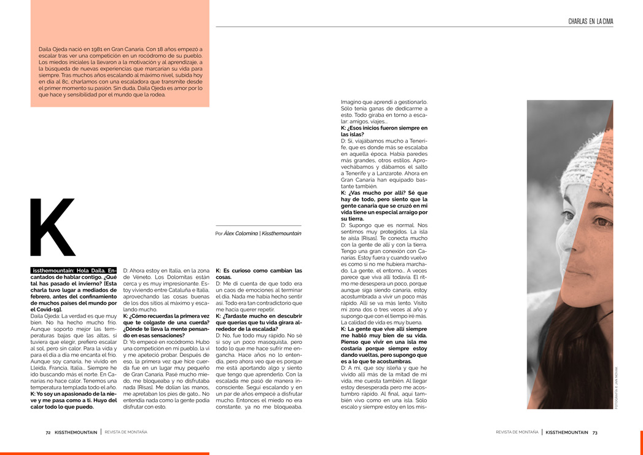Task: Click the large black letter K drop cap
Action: pyautogui.click(x=53, y=227)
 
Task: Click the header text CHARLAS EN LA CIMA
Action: pyautogui.click(x=590, y=22)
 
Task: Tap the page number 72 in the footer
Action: pyautogui.click(x=48, y=432)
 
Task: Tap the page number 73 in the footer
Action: pyautogui.click(x=594, y=432)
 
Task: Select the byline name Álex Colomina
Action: pyautogui.click(x=240, y=233)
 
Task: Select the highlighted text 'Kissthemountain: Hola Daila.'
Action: pyautogui.click(x=72, y=270)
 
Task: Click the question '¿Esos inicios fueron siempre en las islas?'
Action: pyautogui.click(x=383, y=131)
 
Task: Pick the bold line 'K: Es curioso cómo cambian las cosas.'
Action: pyautogui.click(x=259, y=274)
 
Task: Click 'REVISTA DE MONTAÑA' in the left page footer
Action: pyautogui.click(x=126, y=432)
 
